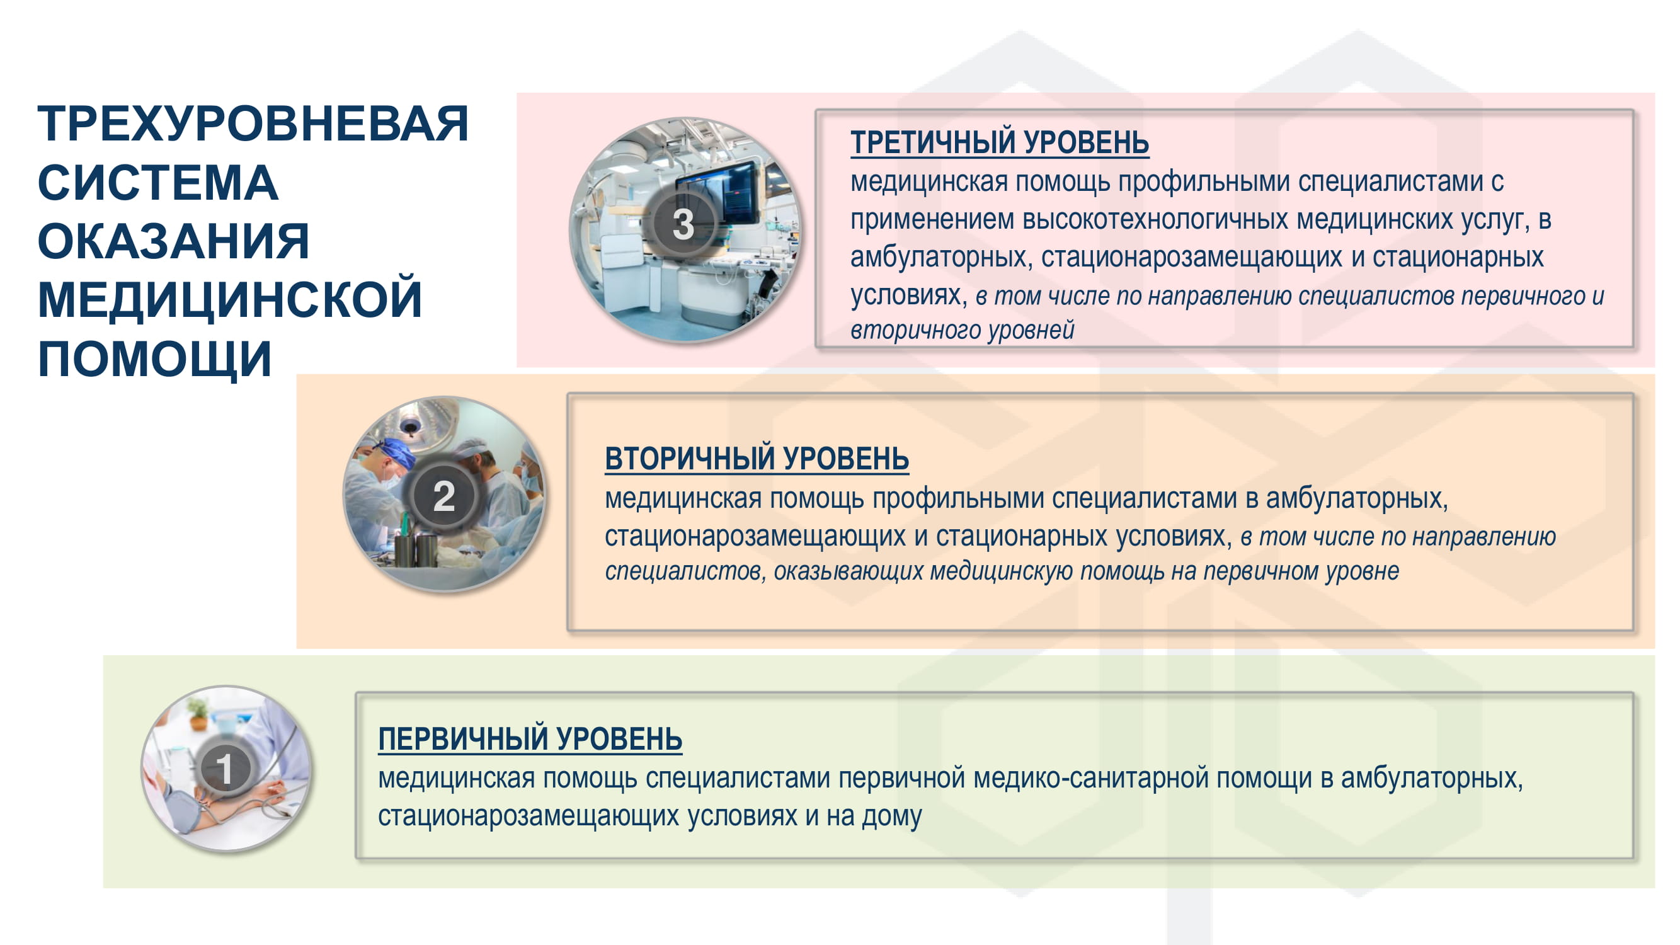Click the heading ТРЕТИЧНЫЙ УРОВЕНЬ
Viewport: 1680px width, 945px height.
(x=999, y=142)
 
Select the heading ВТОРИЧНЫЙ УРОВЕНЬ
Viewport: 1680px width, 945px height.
(x=757, y=459)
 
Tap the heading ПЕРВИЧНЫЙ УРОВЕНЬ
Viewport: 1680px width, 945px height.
(x=530, y=739)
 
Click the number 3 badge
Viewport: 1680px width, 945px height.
(x=683, y=224)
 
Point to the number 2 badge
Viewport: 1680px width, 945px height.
(x=443, y=496)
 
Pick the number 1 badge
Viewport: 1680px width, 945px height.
(x=224, y=768)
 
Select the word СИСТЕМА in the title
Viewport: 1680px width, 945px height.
(x=158, y=183)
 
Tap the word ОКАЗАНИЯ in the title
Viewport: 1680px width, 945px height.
(x=173, y=241)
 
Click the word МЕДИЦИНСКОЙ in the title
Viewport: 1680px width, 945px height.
(x=230, y=301)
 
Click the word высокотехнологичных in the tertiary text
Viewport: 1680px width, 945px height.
(x=1155, y=220)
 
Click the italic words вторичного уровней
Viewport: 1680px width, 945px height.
(x=962, y=331)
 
